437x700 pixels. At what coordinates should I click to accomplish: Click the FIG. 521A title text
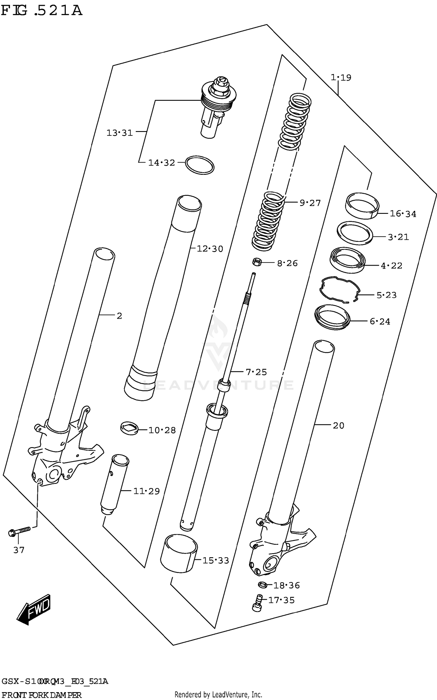point(41,11)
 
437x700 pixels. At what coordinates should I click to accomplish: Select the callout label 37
point(19,550)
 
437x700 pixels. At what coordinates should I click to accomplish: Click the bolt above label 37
point(19,531)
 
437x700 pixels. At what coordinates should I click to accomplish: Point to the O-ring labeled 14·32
point(200,165)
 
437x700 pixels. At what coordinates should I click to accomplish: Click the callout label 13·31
point(119,133)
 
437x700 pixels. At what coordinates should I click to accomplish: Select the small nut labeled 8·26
point(257,262)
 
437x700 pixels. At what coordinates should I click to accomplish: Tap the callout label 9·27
point(310,203)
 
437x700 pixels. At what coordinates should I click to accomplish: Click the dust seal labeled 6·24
point(332,317)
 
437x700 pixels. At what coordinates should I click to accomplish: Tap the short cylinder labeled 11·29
point(114,484)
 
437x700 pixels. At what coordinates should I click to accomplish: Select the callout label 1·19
point(341,78)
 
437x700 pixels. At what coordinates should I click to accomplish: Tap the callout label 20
point(338,426)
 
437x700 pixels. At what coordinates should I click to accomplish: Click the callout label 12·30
point(210,249)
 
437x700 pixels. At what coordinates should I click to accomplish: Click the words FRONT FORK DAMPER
point(41,695)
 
